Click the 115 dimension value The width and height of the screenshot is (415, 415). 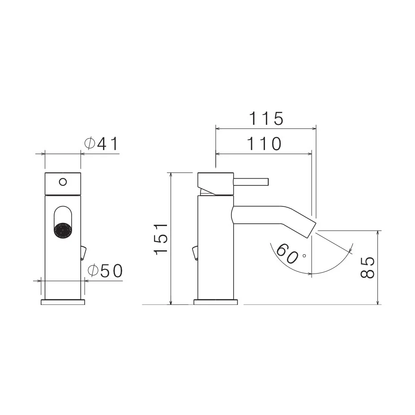266,118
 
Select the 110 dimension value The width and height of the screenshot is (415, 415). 264,144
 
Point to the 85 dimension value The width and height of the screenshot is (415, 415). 368,267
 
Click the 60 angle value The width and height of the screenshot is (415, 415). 287,253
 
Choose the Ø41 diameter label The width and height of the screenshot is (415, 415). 101,144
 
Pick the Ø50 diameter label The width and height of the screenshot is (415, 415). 105,270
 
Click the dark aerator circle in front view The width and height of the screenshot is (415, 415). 63,229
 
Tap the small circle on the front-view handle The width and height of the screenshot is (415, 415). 63,182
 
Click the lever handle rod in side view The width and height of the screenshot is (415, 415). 251,182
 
